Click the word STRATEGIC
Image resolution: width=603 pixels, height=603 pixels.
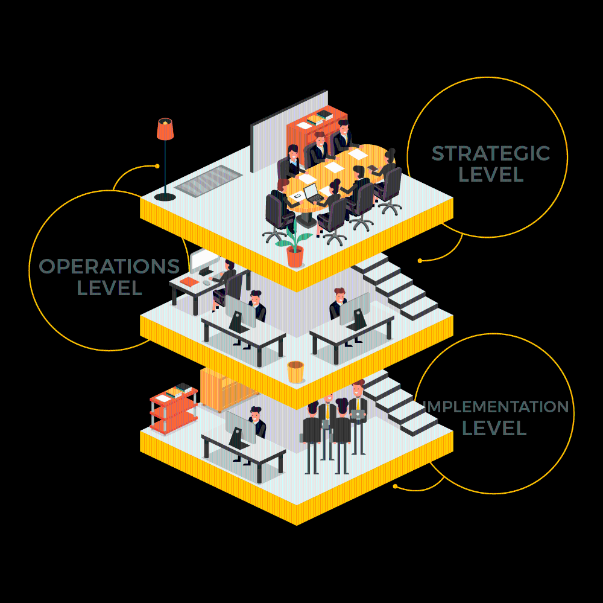coord(491,153)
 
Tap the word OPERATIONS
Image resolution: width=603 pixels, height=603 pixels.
coord(109,266)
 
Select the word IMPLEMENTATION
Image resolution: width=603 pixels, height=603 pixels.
coord(496,407)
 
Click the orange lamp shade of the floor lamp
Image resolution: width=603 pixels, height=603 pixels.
coord(165,129)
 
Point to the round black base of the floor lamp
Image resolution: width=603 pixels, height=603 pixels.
coord(165,197)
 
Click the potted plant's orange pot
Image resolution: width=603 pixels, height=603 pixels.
coord(295,257)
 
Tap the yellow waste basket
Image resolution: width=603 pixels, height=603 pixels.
coord(295,372)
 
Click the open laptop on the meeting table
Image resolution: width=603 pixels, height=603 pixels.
coord(312,193)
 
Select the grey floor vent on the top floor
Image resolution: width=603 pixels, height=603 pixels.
coord(209,181)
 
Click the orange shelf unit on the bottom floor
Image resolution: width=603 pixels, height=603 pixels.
coord(174,411)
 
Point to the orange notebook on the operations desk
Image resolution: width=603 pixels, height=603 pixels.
coord(189,282)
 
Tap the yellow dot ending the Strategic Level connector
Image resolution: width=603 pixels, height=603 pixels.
coord(420,261)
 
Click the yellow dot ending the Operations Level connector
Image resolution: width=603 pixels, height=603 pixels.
coord(157,167)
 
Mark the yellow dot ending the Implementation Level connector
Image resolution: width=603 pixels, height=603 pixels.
coord(395,487)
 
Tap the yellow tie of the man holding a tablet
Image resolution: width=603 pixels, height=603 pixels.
coord(358,404)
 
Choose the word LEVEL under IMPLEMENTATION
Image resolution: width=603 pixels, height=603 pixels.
coord(494,428)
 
